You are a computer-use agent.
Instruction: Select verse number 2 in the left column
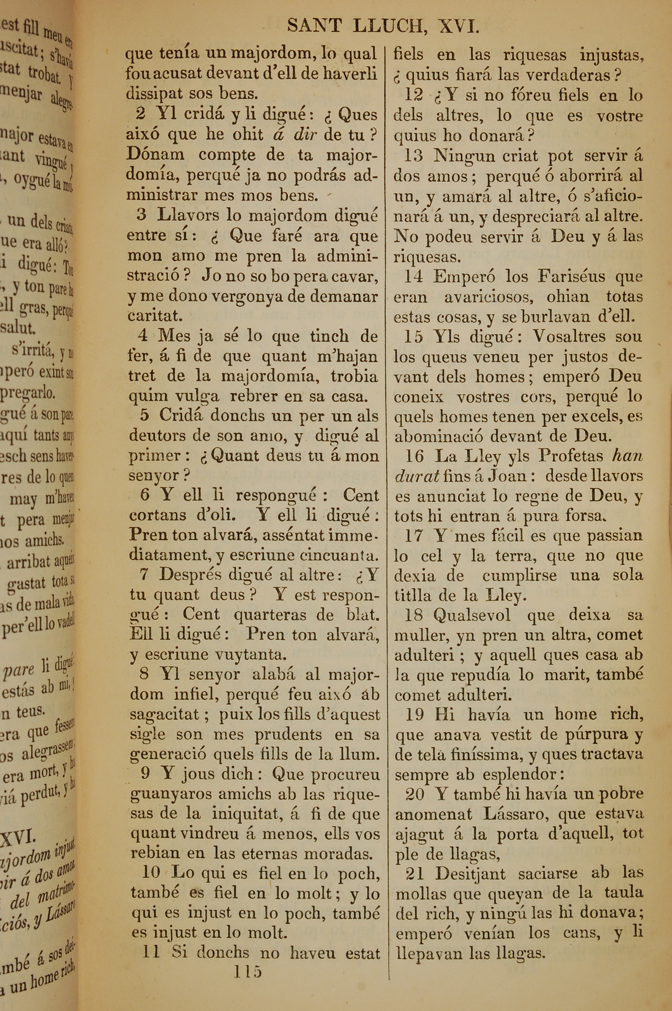coord(140,114)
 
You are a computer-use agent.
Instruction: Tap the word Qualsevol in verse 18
coord(471,615)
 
